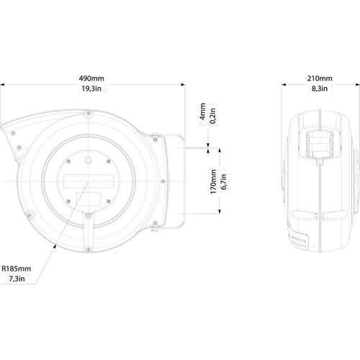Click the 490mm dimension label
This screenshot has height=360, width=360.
pyautogui.click(x=91, y=78)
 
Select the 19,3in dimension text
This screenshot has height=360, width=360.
pyautogui.click(x=91, y=89)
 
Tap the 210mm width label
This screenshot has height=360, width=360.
pyautogui.click(x=320, y=78)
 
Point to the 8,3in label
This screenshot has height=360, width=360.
pyautogui.click(x=320, y=89)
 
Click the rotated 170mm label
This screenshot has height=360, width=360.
pyautogui.click(x=213, y=181)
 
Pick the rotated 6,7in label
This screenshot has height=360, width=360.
pyautogui.click(x=223, y=181)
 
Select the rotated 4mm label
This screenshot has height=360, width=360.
pyautogui.click(x=202, y=112)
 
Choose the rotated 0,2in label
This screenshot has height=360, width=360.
pyautogui.click(x=212, y=116)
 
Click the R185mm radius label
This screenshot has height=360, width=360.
pyautogui.click(x=17, y=269)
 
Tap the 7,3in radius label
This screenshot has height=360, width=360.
pyautogui.click(x=17, y=279)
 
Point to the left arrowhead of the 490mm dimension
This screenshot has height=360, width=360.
pyautogui.click(x=2, y=85)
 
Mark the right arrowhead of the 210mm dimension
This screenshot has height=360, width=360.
pyautogui.click(x=358, y=85)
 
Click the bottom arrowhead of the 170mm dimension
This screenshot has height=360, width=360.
pyautogui.click(x=220, y=211)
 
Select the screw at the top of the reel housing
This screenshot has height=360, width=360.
pyautogui.click(x=89, y=113)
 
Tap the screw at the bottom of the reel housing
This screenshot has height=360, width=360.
pyautogui.click(x=89, y=250)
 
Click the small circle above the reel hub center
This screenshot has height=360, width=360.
pyautogui.click(x=89, y=161)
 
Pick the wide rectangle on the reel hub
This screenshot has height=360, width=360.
pyautogui.click(x=89, y=181)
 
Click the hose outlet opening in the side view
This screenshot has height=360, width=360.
pyautogui.click(x=320, y=144)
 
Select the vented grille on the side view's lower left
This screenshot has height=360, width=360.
pyautogui.click(x=299, y=240)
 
